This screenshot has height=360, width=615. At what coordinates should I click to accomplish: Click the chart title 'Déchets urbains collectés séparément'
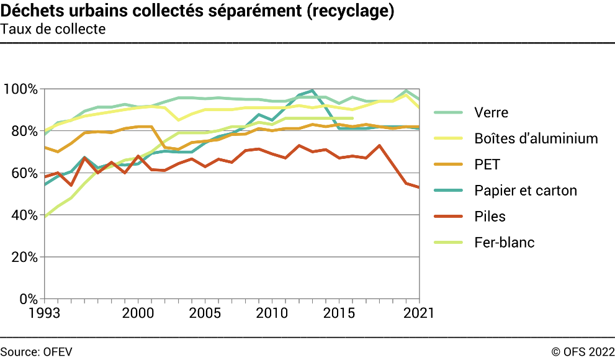[x=197, y=12]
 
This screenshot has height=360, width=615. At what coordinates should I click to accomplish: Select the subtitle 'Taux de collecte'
[x=53, y=29]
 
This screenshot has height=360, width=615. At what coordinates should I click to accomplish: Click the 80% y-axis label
[x=24, y=131]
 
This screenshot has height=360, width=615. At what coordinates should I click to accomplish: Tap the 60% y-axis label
[x=24, y=173]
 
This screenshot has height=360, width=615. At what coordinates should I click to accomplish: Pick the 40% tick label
[x=24, y=215]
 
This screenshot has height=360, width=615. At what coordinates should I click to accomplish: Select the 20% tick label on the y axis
[x=24, y=257]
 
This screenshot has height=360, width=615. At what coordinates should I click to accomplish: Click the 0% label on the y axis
[x=27, y=299]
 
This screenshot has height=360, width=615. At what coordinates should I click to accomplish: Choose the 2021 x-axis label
[x=417, y=312]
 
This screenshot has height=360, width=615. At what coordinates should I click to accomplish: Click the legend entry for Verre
[x=491, y=112]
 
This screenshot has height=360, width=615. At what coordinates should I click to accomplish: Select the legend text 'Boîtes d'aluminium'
[x=536, y=138]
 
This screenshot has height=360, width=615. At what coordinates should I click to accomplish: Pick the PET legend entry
[x=487, y=164]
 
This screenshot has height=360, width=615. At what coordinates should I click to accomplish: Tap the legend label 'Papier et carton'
[x=525, y=191]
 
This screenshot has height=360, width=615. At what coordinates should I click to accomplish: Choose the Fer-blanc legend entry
[x=504, y=243]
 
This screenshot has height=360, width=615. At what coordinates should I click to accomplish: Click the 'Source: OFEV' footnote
[x=36, y=351]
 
